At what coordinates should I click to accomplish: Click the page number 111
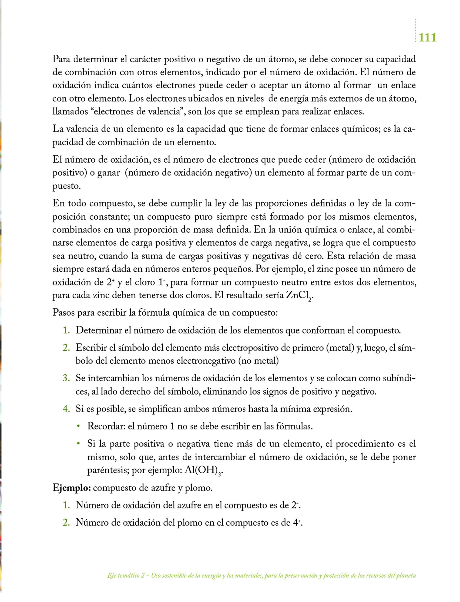(427, 38)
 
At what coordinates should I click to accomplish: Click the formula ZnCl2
(299, 296)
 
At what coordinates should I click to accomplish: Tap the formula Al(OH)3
(203, 471)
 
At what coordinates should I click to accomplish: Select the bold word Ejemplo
(71, 488)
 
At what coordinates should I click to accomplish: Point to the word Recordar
(106, 426)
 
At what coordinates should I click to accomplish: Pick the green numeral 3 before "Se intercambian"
(66, 378)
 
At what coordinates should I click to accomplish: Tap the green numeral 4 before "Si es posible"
(66, 409)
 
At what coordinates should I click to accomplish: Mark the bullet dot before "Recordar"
(78, 426)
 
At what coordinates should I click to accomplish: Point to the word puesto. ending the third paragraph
(66, 186)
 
